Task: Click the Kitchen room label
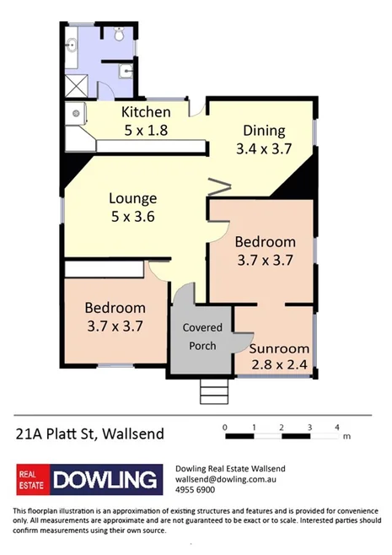point(146,112)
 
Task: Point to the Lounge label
point(132,199)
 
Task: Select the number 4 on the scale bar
point(337,428)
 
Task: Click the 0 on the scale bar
point(225,428)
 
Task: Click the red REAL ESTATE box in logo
point(33,481)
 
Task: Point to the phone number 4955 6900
point(195,489)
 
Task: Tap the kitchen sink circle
point(76,110)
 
